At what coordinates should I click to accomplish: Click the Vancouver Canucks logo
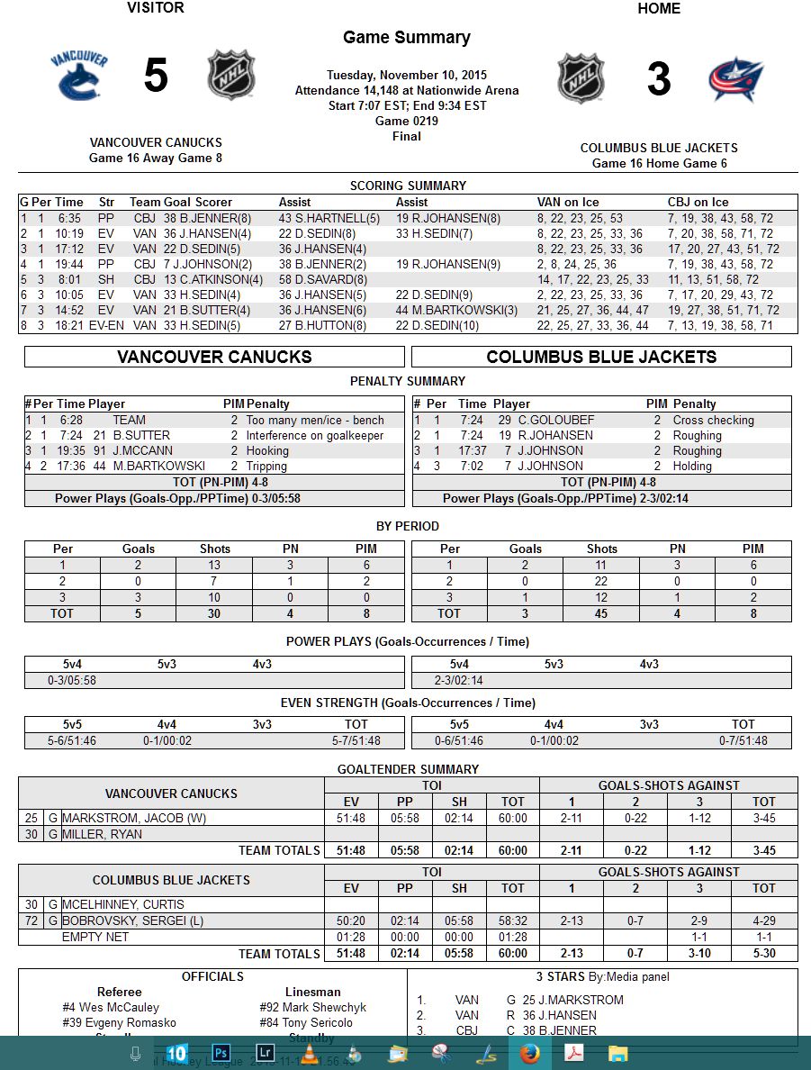tap(79, 77)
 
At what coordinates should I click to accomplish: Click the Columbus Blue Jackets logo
tap(735, 79)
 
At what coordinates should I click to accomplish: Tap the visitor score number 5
tap(156, 77)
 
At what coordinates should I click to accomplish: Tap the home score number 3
tap(659, 79)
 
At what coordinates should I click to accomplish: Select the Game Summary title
tap(406, 38)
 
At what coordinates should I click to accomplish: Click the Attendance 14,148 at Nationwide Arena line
tap(406, 90)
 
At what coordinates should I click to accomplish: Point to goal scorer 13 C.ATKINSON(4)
tap(213, 279)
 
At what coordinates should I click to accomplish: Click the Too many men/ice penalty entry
tap(314, 420)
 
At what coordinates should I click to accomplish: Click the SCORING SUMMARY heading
tap(408, 186)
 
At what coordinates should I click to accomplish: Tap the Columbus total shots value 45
tap(601, 613)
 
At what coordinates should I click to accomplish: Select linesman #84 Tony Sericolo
tap(306, 1022)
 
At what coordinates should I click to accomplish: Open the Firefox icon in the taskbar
tap(530, 1052)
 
